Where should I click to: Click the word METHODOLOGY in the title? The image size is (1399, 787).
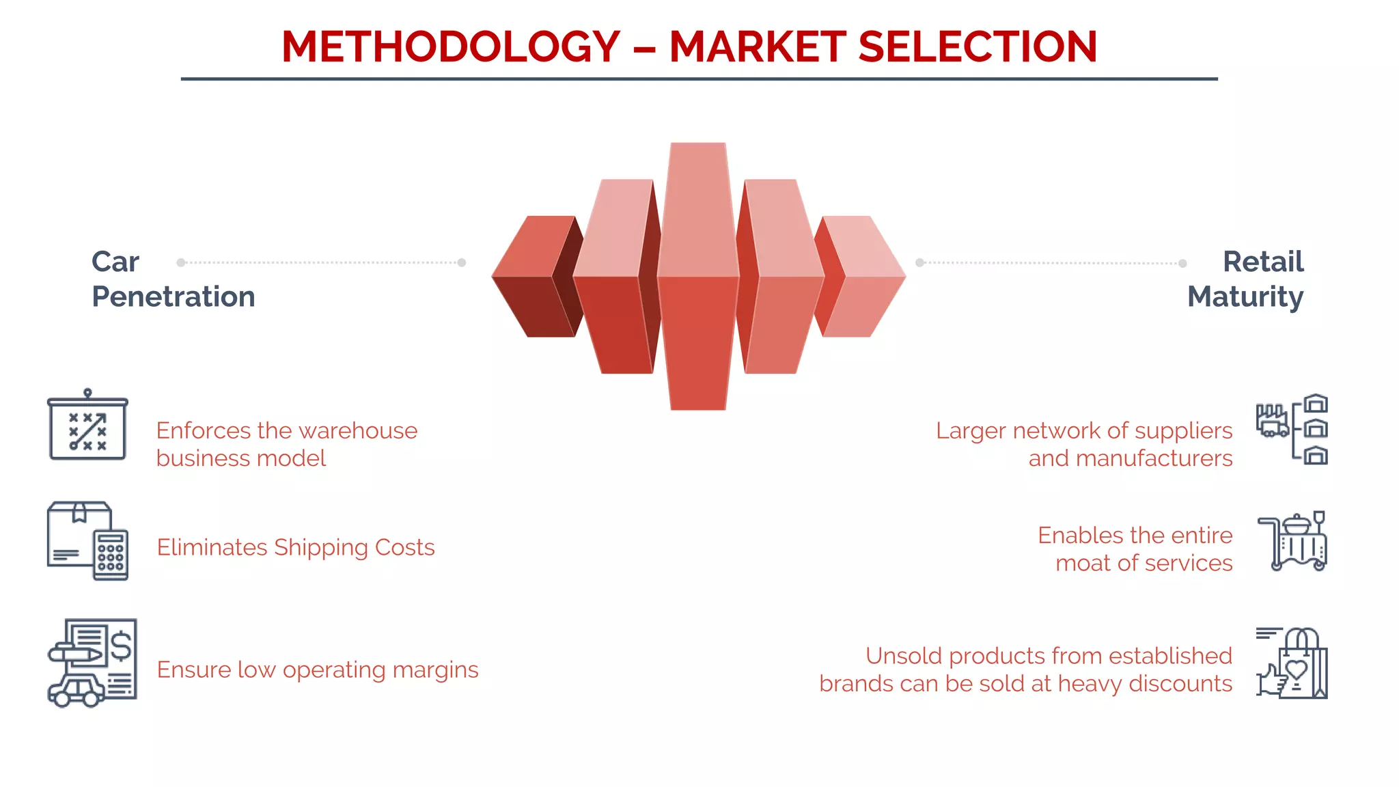451,47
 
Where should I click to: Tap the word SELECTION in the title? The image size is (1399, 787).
977,47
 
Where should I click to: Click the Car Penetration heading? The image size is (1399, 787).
173,279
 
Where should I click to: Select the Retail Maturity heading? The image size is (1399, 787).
1245,279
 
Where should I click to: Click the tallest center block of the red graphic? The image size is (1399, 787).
698,276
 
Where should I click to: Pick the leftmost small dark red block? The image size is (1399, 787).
533,277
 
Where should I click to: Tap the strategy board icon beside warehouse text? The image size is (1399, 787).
87,426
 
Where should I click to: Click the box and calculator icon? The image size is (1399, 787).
87,540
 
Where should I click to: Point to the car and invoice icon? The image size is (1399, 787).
92,663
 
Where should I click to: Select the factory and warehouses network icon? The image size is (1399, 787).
1292,430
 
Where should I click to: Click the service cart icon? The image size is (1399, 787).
1292,541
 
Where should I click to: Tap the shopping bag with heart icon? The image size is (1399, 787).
1292,663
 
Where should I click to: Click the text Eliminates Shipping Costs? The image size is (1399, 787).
296,547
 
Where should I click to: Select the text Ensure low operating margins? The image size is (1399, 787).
318,669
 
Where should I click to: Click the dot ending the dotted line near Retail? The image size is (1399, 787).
1182,263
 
